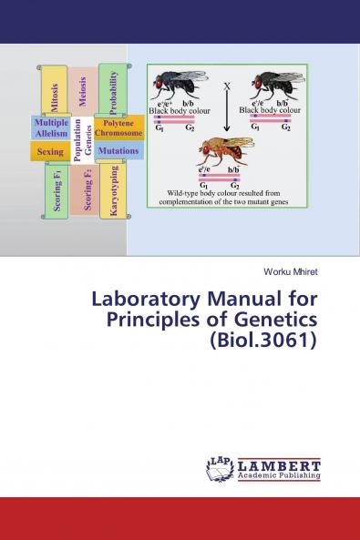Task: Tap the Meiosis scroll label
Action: [x=83, y=91]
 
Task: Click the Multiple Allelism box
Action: [x=51, y=127]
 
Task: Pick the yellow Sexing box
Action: [x=50, y=152]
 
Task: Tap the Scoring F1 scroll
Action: [x=57, y=190]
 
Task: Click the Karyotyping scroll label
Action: [x=113, y=189]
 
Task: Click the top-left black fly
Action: [x=177, y=86]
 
